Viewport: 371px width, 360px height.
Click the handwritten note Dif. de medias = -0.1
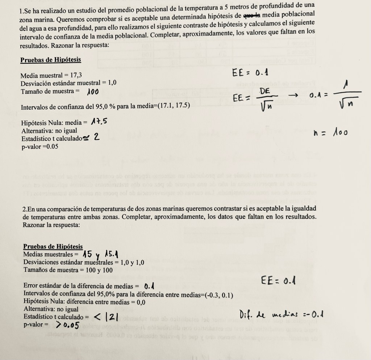coord(281,314)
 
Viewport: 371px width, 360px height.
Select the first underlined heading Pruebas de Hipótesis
coord(50,60)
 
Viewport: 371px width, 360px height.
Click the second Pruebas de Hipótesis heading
coord(53,247)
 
